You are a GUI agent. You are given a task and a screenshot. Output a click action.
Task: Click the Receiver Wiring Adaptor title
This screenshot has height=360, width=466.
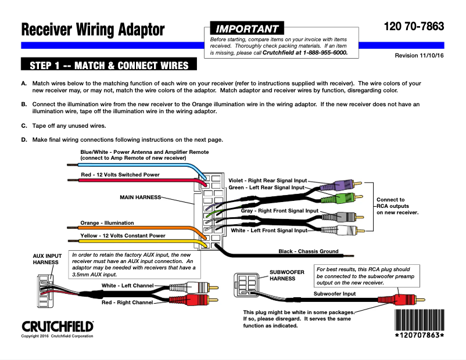tap(93, 30)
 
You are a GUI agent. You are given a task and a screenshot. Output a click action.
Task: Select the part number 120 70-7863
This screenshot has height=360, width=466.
tap(414, 27)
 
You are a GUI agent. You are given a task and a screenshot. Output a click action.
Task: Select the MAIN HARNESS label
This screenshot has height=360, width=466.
tap(140, 197)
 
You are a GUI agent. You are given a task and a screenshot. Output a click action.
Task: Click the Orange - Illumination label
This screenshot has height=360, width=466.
tap(107, 223)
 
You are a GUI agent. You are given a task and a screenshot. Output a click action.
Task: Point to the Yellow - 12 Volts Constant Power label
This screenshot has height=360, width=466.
tap(123, 236)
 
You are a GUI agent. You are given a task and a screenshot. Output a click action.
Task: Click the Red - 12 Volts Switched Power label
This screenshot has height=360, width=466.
tap(120, 175)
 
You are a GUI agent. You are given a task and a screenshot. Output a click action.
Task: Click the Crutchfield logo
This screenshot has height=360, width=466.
tap(57, 325)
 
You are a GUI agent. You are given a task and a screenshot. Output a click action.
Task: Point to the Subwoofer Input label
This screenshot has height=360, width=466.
tap(334, 294)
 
